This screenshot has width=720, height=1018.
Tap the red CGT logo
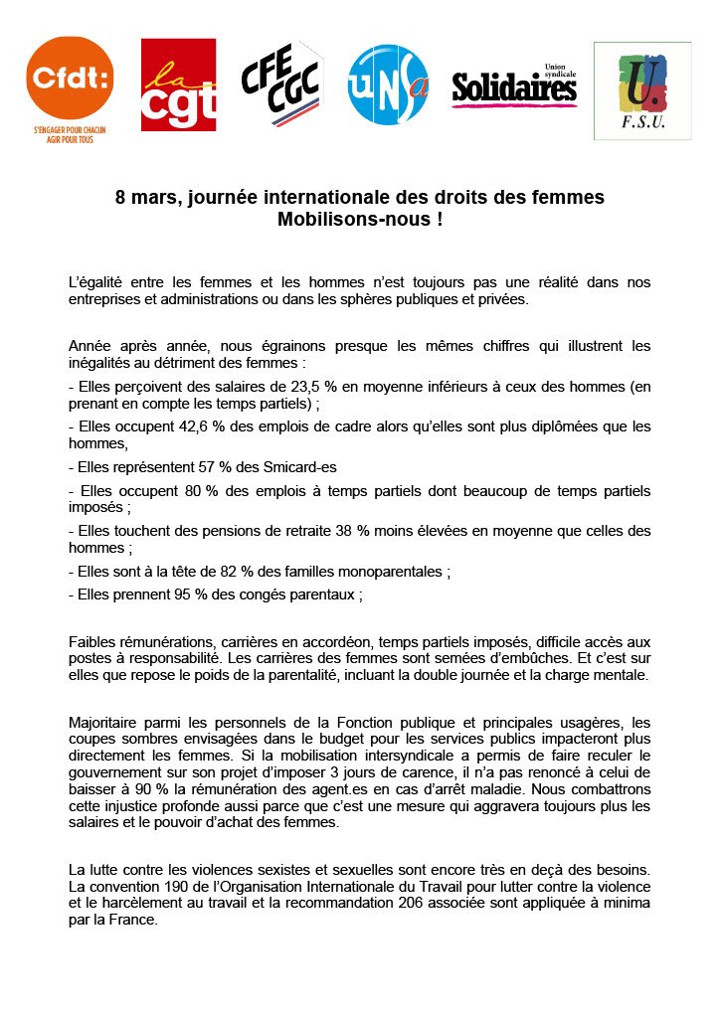click(178, 85)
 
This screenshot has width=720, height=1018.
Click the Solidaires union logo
click(514, 87)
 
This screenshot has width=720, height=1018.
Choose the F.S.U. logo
click(641, 90)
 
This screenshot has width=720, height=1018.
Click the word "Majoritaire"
click(104, 721)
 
